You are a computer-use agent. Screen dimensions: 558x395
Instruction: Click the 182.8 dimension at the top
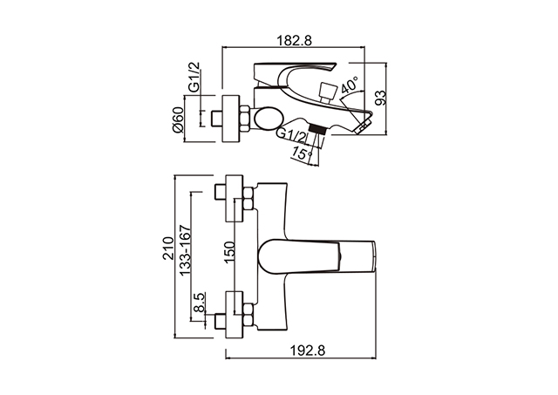pyautogui.click(x=295, y=41)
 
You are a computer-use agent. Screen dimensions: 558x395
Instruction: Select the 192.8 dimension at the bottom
pyautogui.click(x=308, y=351)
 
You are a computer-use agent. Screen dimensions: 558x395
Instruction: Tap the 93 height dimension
pyautogui.click(x=380, y=98)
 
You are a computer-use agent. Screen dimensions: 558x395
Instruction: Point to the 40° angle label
pyautogui.click(x=349, y=84)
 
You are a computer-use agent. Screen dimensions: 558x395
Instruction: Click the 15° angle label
pyautogui.click(x=302, y=153)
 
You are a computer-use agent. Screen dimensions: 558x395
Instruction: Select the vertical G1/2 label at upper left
pyautogui.click(x=194, y=78)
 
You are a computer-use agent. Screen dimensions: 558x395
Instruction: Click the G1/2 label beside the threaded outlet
pyautogui.click(x=291, y=134)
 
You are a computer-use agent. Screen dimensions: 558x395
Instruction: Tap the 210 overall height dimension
pyautogui.click(x=167, y=249)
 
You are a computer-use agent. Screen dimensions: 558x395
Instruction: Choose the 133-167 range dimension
pyautogui.click(x=185, y=249)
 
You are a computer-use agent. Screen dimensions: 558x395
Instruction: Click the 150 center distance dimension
pyautogui.click(x=229, y=252)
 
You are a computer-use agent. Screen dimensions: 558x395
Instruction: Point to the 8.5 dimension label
pyautogui.click(x=199, y=303)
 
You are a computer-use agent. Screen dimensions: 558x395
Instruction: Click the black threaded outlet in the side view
pyautogui.click(x=317, y=128)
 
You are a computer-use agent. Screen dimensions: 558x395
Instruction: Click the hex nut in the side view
pyautogui.click(x=244, y=119)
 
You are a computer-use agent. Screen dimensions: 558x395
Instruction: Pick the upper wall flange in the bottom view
pyautogui.click(x=235, y=198)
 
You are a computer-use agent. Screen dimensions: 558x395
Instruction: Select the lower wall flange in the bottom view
pyautogui.click(x=235, y=315)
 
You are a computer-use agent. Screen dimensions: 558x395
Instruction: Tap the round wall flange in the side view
pyautogui.click(x=230, y=119)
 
